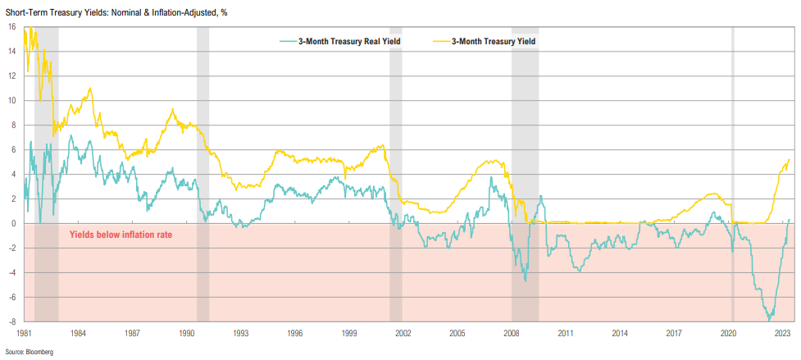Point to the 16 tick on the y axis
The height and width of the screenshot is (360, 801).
pyautogui.click(x=11, y=26)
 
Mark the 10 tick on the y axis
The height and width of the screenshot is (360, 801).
pyautogui.click(x=11, y=100)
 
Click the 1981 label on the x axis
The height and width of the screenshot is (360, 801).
pyautogui.click(x=24, y=334)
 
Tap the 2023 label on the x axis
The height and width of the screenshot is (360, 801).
pyautogui.click(x=782, y=334)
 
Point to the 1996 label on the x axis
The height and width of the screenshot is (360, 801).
pyautogui.click(x=295, y=334)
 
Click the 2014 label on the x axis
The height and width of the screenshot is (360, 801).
pyautogui.click(x=620, y=334)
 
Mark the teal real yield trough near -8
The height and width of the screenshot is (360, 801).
pyautogui.click(x=769, y=319)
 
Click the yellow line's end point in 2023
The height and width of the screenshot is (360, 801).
pyautogui.click(x=790, y=159)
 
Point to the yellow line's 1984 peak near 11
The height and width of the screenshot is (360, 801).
pyautogui.click(x=89, y=88)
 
